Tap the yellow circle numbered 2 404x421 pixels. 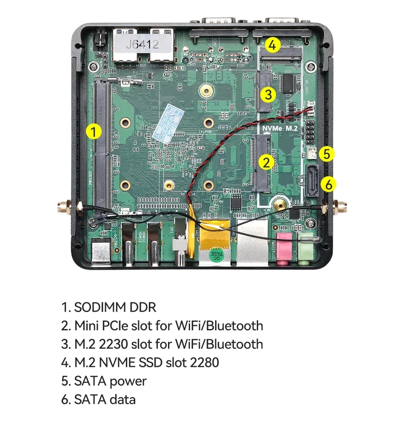tap(267, 162)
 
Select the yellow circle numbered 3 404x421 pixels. tap(267, 95)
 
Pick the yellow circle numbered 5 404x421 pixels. tap(326, 154)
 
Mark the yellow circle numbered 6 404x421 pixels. tap(328, 184)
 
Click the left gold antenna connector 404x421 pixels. tap(62, 208)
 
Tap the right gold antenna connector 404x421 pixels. tap(341, 208)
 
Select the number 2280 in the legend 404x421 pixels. tap(205, 363)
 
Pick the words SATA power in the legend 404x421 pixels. tap(110, 381)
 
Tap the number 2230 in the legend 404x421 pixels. tap(114, 344)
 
